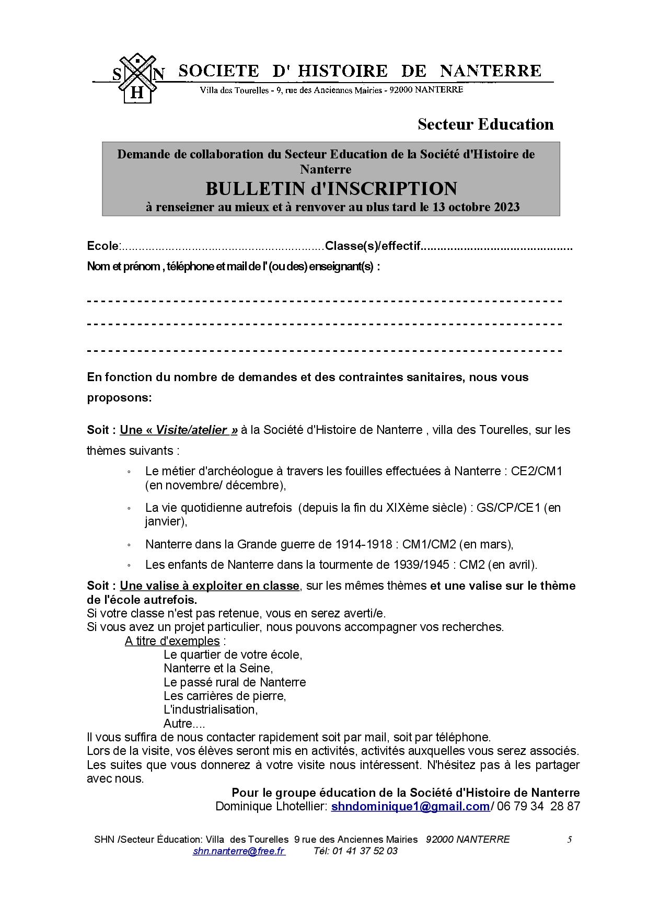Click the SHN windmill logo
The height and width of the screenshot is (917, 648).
tap(137, 78)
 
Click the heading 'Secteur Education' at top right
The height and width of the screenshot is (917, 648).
tap(485, 124)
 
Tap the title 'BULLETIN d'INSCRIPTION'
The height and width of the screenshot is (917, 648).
tap(331, 188)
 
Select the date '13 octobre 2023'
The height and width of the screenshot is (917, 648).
tap(476, 208)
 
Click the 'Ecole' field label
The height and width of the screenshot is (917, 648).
tap(103, 246)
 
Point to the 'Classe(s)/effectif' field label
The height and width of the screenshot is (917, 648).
tap(372, 246)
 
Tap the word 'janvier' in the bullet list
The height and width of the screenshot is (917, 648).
tap(164, 522)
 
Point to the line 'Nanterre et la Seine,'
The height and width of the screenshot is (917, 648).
tap(218, 668)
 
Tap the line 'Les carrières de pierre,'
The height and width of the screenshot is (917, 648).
tap(225, 696)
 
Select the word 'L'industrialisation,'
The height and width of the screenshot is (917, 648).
tap(211, 709)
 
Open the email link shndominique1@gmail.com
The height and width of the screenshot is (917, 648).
tap(410, 806)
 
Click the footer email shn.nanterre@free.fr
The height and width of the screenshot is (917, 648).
tap(239, 851)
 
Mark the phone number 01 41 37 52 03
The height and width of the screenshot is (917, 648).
tap(356, 851)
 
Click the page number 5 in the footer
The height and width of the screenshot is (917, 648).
tap(570, 840)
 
